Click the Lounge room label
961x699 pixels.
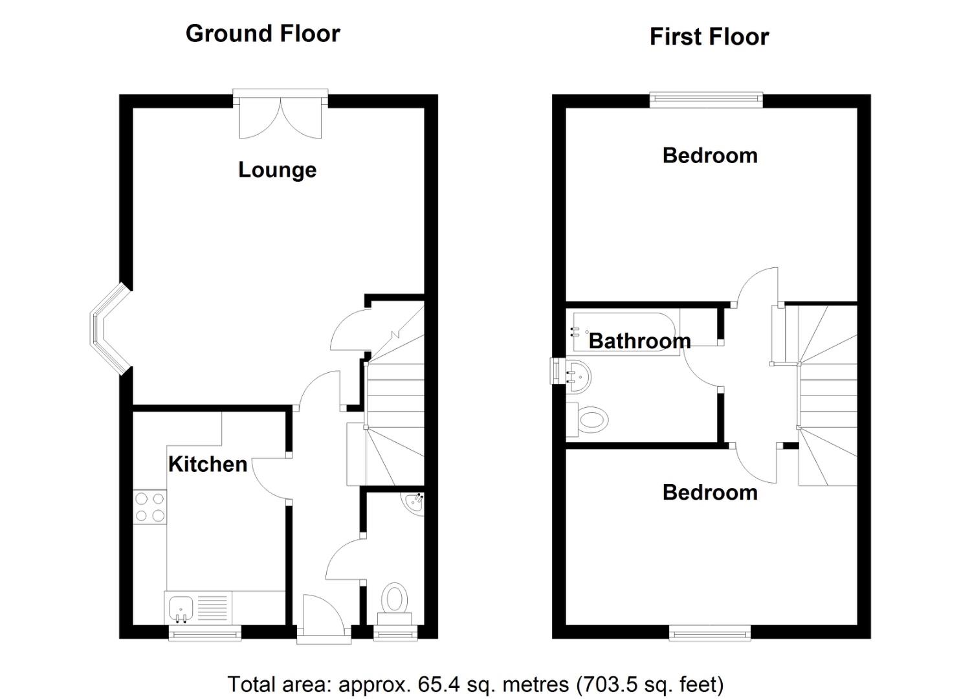[x=277, y=170]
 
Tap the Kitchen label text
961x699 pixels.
[x=207, y=464]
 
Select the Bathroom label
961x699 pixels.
[x=639, y=341]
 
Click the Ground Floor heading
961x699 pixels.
[x=263, y=34]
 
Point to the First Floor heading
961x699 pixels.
[x=709, y=37]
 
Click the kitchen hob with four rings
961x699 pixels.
[x=149, y=507]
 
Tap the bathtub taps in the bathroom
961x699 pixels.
[x=575, y=332]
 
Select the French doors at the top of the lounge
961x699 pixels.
[x=280, y=116]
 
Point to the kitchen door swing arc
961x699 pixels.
[x=269, y=478]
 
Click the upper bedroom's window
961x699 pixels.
[x=706, y=98]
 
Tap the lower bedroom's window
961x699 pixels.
[x=710, y=632]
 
